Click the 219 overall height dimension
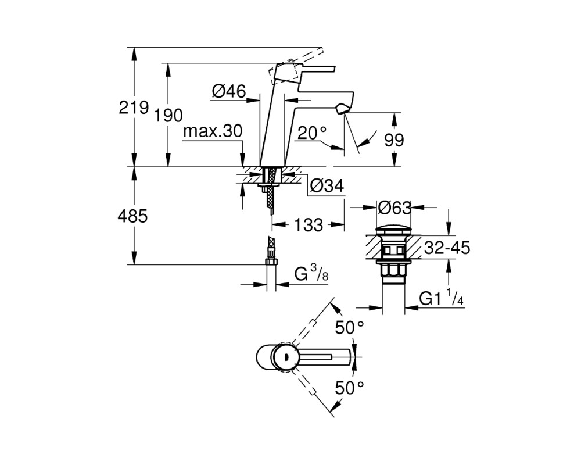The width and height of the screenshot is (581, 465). click(x=134, y=108)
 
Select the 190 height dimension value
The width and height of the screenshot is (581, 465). click(x=168, y=116)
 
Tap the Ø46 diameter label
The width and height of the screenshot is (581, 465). click(x=229, y=91)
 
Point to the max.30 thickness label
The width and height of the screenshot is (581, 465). click(x=213, y=131)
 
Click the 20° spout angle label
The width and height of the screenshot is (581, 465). click(x=312, y=133)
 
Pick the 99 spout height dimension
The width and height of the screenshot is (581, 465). click(x=394, y=140)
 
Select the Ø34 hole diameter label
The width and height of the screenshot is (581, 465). click(x=327, y=186)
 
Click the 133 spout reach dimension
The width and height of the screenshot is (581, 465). click(x=309, y=225)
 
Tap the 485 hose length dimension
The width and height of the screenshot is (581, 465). click(x=132, y=216)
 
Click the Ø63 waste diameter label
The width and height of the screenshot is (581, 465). click(x=394, y=208)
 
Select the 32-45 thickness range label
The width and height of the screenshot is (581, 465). click(x=447, y=248)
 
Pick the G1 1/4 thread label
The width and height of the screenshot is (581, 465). click(x=442, y=298)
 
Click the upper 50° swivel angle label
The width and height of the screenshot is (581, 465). click(x=349, y=327)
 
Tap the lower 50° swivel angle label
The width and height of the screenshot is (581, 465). click(x=349, y=388)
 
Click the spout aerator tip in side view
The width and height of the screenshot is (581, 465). click(x=342, y=109)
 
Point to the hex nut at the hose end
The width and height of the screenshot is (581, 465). click(x=271, y=262)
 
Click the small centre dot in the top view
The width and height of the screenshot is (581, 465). click(x=285, y=357)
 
